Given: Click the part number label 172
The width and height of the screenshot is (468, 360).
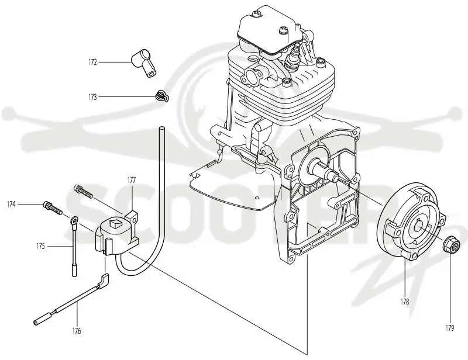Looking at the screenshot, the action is click(x=92, y=63).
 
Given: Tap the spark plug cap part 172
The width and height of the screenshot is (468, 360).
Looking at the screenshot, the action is click(x=144, y=63).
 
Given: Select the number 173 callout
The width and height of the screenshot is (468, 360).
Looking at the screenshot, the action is click(x=92, y=97).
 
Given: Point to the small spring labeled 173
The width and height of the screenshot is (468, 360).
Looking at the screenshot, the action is click(x=162, y=96).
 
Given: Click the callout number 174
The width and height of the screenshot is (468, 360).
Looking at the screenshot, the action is click(x=11, y=205).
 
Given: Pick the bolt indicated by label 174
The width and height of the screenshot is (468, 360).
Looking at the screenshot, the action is click(x=53, y=208).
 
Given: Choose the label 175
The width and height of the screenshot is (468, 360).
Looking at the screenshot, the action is click(x=40, y=247).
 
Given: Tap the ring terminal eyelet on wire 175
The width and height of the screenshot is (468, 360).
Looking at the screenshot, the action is click(x=75, y=221).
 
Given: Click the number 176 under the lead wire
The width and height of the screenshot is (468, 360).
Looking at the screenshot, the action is click(x=77, y=331).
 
